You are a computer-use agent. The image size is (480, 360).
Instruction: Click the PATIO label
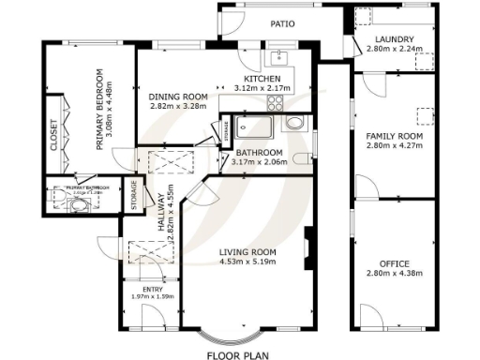pyautogui.click(x=284, y=23)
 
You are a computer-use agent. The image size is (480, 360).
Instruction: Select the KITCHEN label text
pyautogui.click(x=262, y=78)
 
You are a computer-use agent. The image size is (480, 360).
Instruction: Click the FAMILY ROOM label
pyautogui.click(x=395, y=137)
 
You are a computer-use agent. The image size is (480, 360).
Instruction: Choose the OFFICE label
pyautogui.click(x=395, y=263)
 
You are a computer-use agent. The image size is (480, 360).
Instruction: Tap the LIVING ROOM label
pyautogui.click(x=247, y=252)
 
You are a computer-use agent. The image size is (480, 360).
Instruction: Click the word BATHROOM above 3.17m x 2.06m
pyautogui.click(x=259, y=153)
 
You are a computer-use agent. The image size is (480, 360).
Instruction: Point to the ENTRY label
pyautogui.click(x=151, y=290)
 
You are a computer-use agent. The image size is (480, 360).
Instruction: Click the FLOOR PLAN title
pyautogui.click(x=238, y=355)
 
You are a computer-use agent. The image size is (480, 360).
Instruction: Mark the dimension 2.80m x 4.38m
pyautogui.click(x=395, y=274)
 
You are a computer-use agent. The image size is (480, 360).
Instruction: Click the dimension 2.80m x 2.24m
pyautogui.click(x=395, y=48)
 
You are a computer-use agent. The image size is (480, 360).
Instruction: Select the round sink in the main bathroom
pyautogui.click(x=293, y=123)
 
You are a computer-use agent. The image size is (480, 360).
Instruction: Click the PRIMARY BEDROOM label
pyautogui.click(x=98, y=110)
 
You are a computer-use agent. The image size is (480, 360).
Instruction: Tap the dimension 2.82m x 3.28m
pyautogui.click(x=177, y=106)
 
